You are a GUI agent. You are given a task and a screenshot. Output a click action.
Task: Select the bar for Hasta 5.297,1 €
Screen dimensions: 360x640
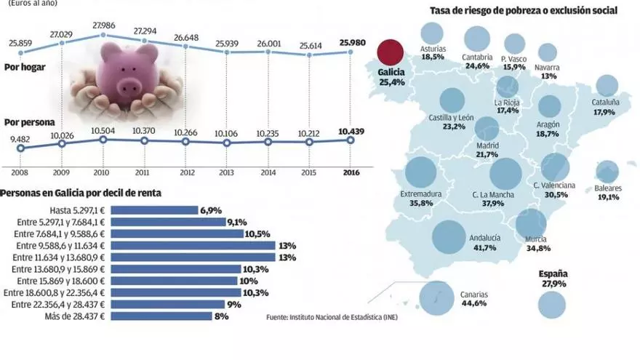click(156, 209)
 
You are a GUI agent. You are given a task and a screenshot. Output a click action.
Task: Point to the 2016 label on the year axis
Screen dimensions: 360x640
click(351, 172)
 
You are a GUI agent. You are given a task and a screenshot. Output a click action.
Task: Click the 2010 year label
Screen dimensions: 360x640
click(103, 172)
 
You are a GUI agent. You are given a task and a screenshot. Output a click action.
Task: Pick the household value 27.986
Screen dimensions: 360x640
click(103, 26)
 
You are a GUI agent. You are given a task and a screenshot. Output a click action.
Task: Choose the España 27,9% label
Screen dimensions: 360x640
click(553, 279)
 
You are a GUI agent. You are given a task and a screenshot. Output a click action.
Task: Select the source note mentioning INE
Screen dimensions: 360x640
click(332, 318)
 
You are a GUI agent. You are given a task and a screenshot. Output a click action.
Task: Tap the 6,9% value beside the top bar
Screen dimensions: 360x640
click(210, 209)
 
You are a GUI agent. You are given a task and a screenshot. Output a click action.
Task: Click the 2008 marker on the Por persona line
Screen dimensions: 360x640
click(20, 148)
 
